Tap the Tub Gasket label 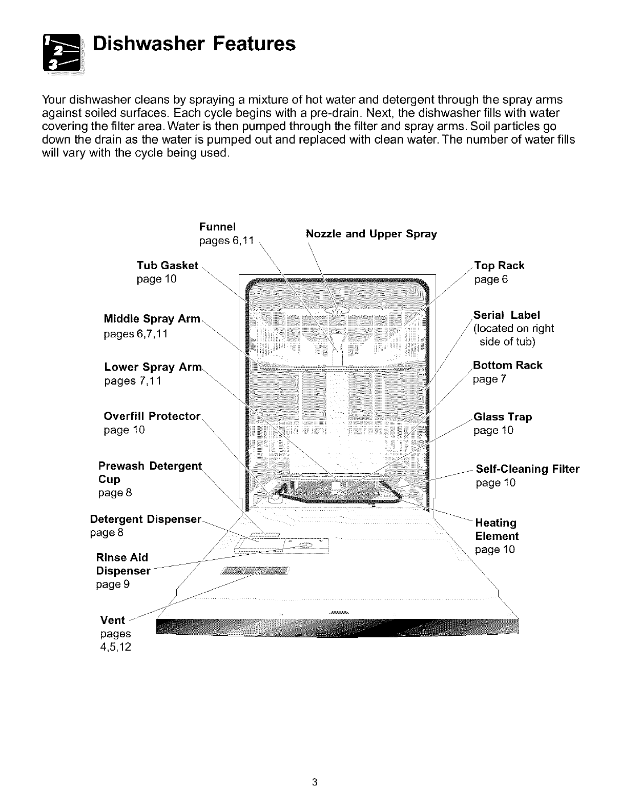click(x=167, y=266)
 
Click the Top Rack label click(x=499, y=266)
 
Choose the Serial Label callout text click(x=506, y=315)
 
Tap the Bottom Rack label click(x=507, y=366)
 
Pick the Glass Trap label click(x=503, y=417)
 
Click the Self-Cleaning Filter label click(x=527, y=469)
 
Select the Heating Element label click(x=497, y=530)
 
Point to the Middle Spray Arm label click(x=152, y=319)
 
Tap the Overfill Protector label click(x=152, y=416)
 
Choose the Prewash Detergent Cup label click(x=150, y=473)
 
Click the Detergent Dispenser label click(x=146, y=519)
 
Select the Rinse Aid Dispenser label click(x=123, y=564)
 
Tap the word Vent click(x=113, y=620)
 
